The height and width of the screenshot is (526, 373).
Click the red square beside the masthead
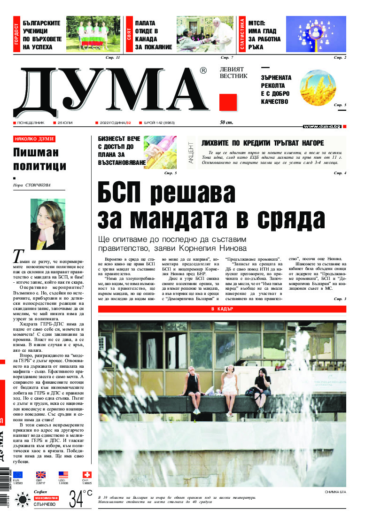tap(228, 102)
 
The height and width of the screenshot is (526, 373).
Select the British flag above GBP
tap(41, 475)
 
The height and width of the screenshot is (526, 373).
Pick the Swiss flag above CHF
tap(87, 475)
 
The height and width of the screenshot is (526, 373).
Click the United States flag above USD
tap(63, 475)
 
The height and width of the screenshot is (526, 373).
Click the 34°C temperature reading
tap(81, 498)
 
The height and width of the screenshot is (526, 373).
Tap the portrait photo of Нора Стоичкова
tap(47, 224)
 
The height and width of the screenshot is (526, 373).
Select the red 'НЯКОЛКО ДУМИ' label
tap(34, 139)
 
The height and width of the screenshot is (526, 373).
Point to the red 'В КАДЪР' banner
tap(222, 296)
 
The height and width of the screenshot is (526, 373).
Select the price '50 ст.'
tap(227, 123)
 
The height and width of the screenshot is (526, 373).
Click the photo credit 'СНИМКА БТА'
tap(335, 492)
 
